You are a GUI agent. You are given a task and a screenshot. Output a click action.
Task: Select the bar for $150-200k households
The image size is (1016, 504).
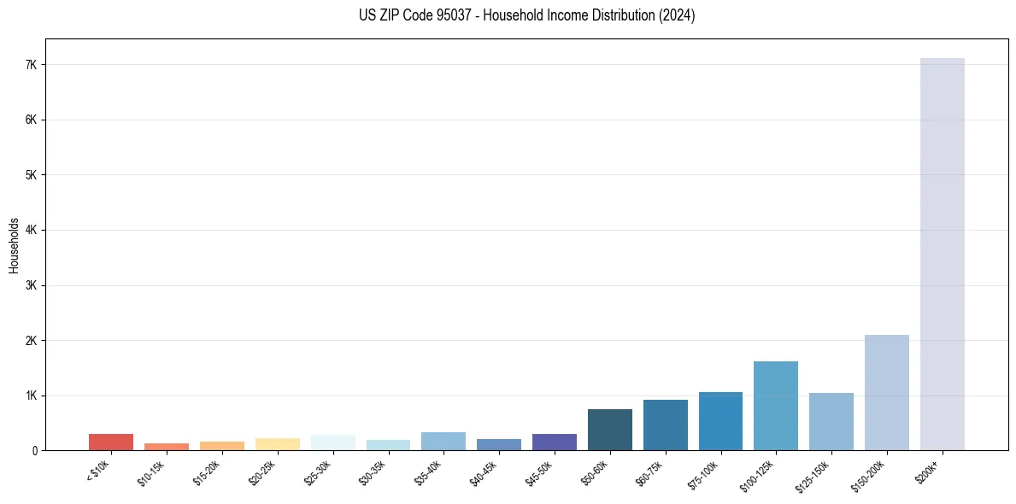tap(886, 392)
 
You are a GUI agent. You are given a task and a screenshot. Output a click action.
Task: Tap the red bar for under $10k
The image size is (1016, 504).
tap(111, 442)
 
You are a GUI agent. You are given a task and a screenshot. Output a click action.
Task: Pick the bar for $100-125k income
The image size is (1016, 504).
tap(775, 406)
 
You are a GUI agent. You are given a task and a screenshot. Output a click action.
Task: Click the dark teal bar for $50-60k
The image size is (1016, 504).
tap(609, 430)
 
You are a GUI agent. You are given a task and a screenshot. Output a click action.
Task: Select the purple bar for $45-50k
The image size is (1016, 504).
tap(554, 442)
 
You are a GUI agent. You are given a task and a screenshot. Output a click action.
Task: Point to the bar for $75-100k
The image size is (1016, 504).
tap(720, 421)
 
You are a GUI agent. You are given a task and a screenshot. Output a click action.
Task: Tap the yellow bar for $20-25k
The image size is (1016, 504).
tap(277, 444)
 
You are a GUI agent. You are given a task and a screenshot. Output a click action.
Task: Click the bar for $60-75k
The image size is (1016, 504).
tap(665, 425)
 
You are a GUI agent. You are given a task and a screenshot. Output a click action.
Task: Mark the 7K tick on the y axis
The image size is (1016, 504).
tap(31, 65)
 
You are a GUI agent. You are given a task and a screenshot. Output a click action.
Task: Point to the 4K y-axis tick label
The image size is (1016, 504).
tap(31, 231)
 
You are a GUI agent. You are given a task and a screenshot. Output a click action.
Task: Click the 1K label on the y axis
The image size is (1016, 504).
tap(31, 396)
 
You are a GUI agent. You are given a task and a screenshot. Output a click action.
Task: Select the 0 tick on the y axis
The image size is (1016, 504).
tap(34, 451)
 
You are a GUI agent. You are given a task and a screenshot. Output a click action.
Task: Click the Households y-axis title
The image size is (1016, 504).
tap(14, 245)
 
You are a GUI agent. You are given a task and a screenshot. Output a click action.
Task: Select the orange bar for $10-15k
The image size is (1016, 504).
tap(167, 447)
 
